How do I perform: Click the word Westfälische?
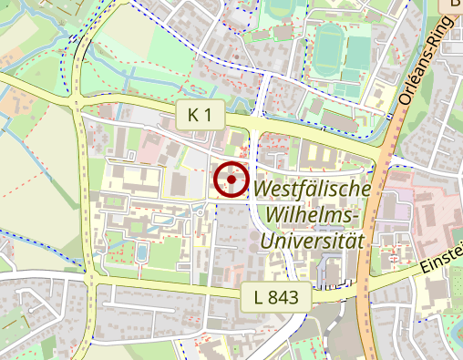pyautogui.click(x=313, y=190)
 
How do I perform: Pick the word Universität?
pyautogui.click(x=313, y=242)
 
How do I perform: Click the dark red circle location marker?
pyautogui.click(x=232, y=180)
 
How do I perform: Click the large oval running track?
pyautogui.click(x=328, y=47)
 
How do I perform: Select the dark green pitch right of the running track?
pyautogui.click(x=359, y=47)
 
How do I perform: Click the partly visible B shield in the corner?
pyautogui.click(x=452, y=5)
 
